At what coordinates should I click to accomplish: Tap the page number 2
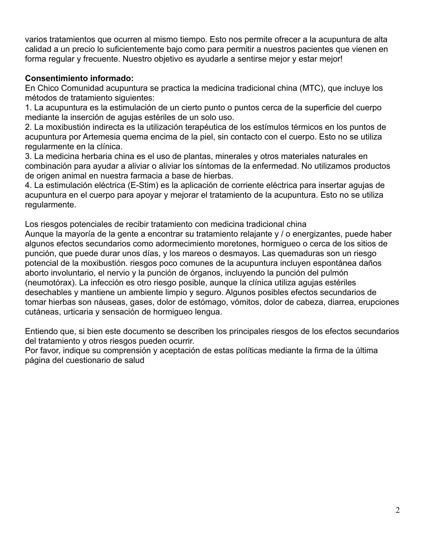point(398,510)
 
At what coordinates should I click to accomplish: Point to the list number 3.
point(28,156)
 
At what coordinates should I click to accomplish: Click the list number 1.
point(28,108)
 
